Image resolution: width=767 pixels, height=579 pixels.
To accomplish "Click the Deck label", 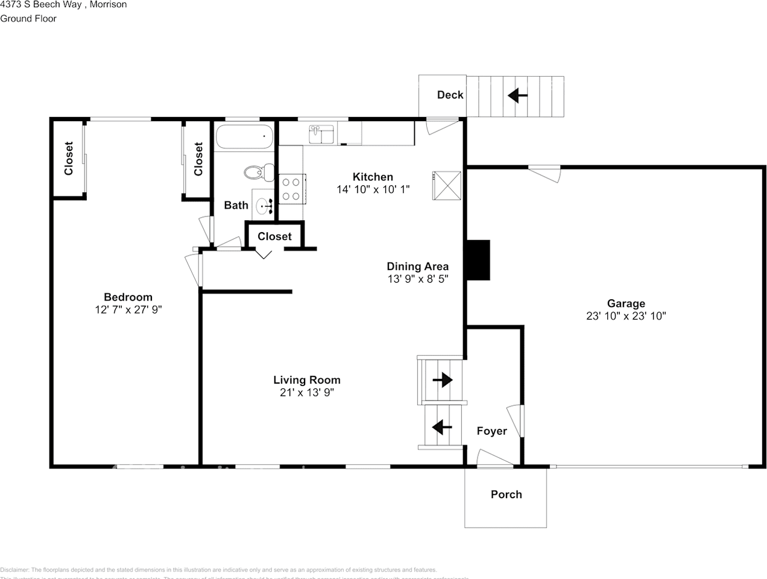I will tap(450, 95).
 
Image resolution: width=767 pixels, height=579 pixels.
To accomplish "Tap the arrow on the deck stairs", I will tap(517, 95).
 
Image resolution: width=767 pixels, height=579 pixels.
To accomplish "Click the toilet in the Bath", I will tap(254, 172).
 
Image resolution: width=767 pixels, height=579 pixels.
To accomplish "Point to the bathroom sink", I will tap(265, 206).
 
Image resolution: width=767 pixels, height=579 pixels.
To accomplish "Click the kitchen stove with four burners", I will tap(291, 188).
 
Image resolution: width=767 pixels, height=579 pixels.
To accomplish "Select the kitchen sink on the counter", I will tap(321, 134).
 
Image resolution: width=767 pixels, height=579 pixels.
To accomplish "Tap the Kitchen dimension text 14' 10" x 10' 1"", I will tap(373, 189).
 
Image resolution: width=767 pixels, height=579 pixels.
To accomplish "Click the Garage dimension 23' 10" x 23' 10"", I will tap(626, 316).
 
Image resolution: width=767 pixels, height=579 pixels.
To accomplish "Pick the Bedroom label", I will tap(128, 297).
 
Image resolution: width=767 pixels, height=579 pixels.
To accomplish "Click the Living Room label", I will tap(307, 380).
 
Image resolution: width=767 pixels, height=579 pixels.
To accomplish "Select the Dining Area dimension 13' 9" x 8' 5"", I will tap(417, 279).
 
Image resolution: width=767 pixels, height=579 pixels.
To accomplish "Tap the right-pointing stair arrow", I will tap(443, 379).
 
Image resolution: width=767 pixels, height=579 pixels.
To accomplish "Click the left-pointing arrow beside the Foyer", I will tap(442, 427).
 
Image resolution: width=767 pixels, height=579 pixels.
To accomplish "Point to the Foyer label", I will tap(491, 431).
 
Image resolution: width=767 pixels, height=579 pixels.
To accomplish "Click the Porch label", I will tap(506, 494).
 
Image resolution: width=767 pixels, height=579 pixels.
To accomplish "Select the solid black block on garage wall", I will tap(478, 260).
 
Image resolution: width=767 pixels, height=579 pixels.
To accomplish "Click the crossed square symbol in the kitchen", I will tap(447, 185).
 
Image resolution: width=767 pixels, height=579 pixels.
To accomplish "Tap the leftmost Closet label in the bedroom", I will tap(68, 159).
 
